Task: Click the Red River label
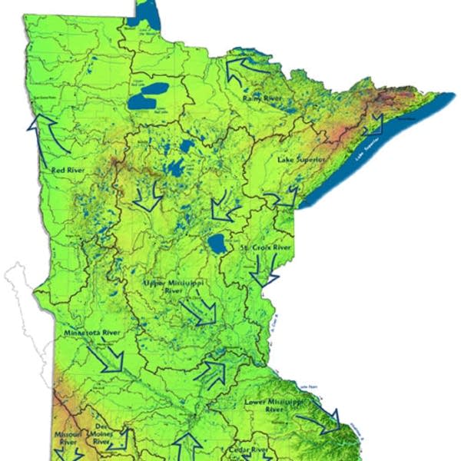point(68,170)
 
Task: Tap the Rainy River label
point(260,98)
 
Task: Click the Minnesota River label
point(94,334)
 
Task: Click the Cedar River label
point(248,449)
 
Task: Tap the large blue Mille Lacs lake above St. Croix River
point(217,244)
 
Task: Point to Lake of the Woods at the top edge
point(145,14)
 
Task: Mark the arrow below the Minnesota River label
point(108,358)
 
